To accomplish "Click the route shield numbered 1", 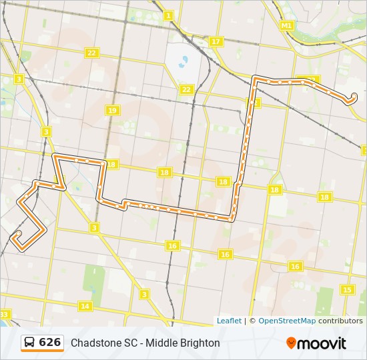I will pos(168,15).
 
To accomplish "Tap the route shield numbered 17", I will pos(216,41).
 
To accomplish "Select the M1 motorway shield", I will pos(287,25).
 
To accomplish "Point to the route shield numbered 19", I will pos(111,111).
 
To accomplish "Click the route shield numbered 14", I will pos(85,306).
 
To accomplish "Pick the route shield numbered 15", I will pos(347,289).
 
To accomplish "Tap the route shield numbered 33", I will pos(5,314).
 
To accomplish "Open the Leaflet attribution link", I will pos(229,321).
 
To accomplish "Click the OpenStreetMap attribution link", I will pos(287,321).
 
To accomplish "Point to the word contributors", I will pos(340,321).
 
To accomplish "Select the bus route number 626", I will pos(50,343).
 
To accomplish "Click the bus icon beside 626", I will pos(30,343).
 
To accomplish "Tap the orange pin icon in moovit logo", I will pos(292,343).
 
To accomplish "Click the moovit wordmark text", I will pos(322,343).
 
